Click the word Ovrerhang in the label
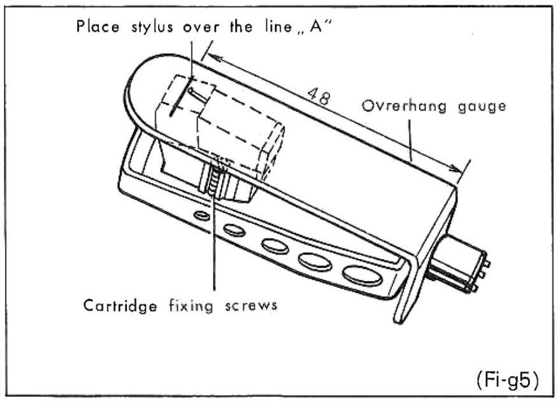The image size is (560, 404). click(x=393, y=106)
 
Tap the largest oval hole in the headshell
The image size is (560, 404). click(x=362, y=275)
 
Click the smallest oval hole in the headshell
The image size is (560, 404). click(x=202, y=216)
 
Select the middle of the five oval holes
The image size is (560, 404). click(x=275, y=245)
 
